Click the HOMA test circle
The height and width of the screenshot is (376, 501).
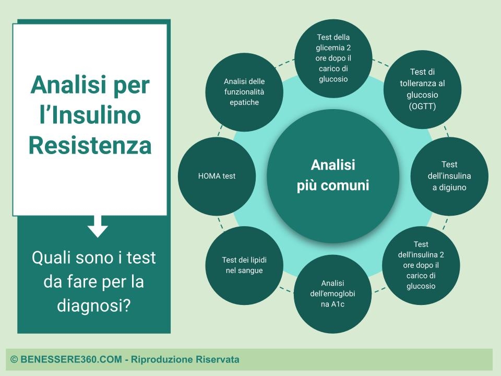coord(217,176)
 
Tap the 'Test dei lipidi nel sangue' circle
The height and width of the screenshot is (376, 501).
coord(244,265)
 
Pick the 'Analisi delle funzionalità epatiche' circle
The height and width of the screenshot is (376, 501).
coord(244,92)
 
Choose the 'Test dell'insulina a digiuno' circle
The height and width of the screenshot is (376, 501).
coord(449,176)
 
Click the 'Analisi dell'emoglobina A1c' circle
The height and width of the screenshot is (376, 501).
coord(332,294)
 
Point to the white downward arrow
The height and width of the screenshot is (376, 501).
coord(98,226)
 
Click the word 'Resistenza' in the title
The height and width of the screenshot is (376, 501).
coord(90,145)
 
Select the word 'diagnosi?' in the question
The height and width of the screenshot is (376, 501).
coord(94,305)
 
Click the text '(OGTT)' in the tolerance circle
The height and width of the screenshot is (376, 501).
coord(422,106)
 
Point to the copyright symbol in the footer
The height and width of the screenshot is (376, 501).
coord(14,359)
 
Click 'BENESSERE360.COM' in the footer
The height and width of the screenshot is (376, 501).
coord(71,359)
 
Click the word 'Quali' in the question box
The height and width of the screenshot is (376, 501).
coord(51,257)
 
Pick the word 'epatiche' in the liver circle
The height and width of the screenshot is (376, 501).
coord(244,103)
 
